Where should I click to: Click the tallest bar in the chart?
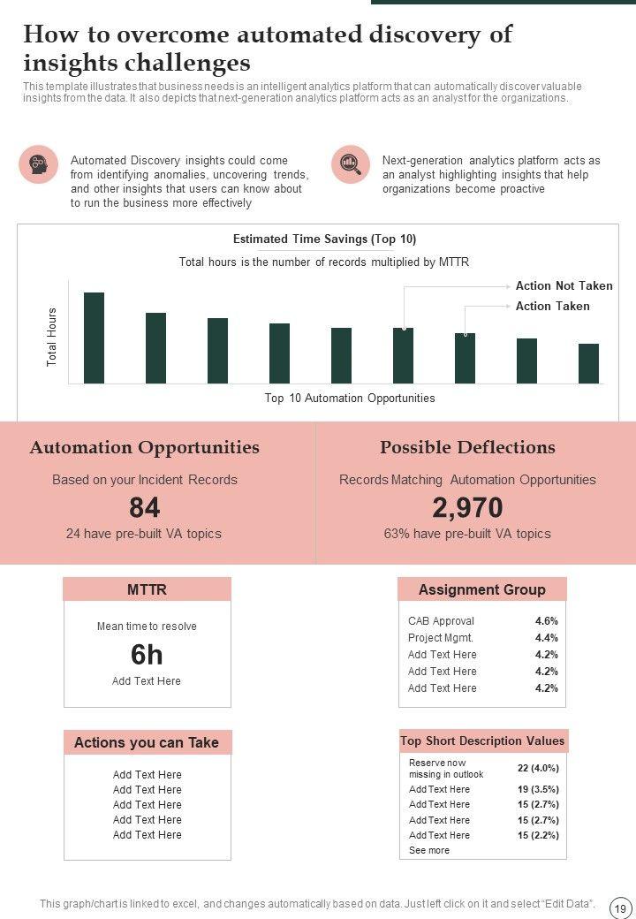click(94, 338)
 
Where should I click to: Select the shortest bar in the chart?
click(588, 363)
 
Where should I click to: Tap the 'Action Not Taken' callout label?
click(564, 286)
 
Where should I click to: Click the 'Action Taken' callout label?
click(552, 306)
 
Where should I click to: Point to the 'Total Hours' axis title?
click(52, 337)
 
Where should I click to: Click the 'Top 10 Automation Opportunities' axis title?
click(350, 399)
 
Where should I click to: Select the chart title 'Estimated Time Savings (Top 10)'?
click(324, 239)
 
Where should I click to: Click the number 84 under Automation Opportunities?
click(144, 508)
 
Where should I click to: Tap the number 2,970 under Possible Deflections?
click(467, 508)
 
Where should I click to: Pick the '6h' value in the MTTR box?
click(147, 655)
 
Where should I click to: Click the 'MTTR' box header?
click(147, 589)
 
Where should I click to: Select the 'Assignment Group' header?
click(481, 589)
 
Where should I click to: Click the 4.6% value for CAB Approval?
click(546, 621)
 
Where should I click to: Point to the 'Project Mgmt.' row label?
click(441, 638)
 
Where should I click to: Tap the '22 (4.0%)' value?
click(538, 768)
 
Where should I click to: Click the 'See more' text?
click(429, 850)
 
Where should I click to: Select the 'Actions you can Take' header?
click(147, 742)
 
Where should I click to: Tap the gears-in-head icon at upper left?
click(38, 164)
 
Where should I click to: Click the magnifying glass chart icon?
click(351, 164)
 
